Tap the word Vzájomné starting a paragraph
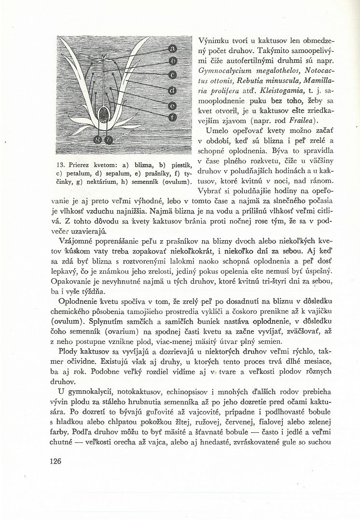(x=77, y=241)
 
